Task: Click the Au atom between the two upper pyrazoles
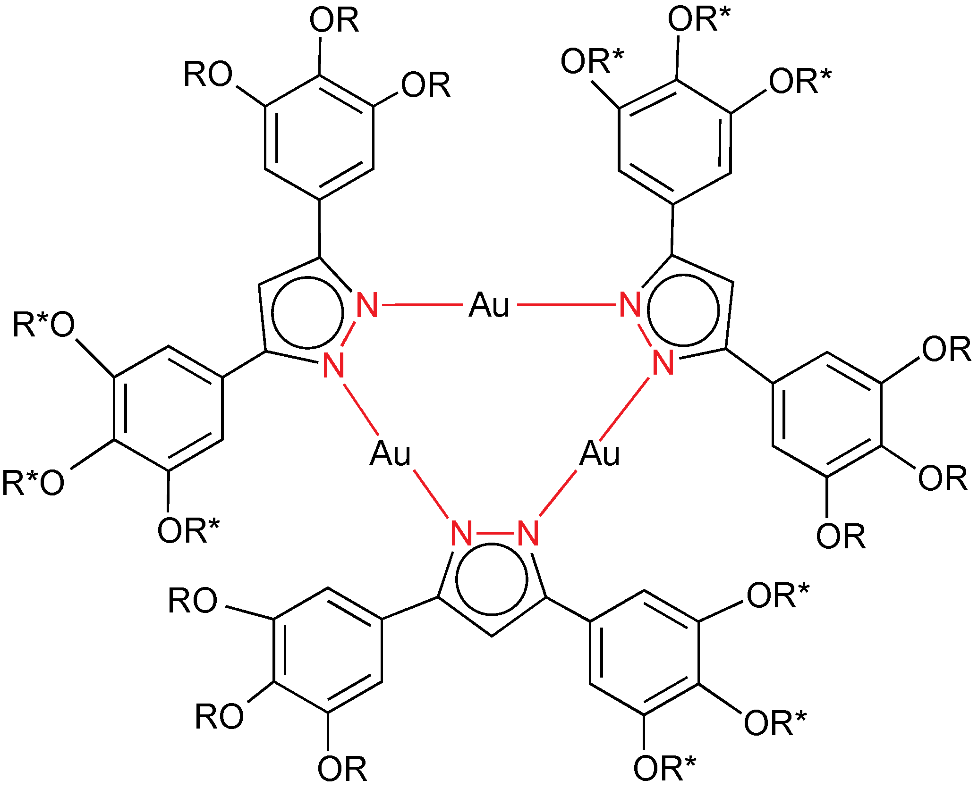[489, 305]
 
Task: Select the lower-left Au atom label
[390, 454]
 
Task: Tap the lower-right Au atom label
[599, 454]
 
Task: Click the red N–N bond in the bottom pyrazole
[494, 534]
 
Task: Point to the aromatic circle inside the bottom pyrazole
[491, 579]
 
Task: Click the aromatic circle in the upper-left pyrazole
[307, 312]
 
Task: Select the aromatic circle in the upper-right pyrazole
[683, 310]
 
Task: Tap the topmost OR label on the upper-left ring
[334, 20]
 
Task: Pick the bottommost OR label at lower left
[342, 769]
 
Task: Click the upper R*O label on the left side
[43, 325]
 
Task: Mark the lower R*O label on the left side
[33, 483]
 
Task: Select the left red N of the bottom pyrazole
[461, 534]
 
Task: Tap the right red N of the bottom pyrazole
[528, 534]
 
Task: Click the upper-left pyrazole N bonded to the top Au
[367, 305]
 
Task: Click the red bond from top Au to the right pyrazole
[567, 305]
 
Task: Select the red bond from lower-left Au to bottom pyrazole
[432, 494]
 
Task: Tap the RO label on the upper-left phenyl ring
[208, 75]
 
